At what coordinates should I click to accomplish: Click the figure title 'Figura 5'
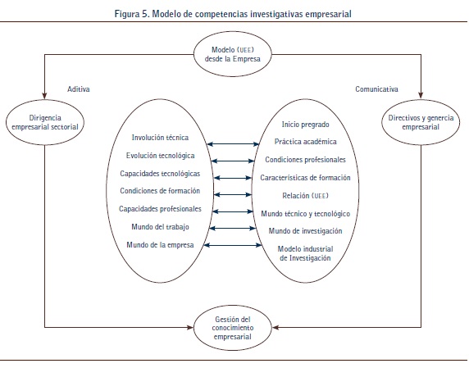click(132, 14)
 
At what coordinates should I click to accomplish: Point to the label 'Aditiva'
click(79, 89)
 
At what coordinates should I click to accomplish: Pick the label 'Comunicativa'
click(376, 89)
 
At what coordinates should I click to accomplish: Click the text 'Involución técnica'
click(160, 138)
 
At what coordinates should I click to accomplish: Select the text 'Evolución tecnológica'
click(161, 156)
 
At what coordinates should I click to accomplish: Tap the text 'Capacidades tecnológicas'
click(160, 174)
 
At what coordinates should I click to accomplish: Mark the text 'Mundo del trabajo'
click(160, 227)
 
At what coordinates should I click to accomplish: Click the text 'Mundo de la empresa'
click(160, 245)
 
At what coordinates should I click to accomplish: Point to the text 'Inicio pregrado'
click(305, 125)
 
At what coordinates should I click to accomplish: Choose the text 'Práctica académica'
click(305, 142)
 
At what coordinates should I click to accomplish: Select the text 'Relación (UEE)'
click(305, 196)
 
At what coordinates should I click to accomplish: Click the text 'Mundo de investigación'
click(305, 231)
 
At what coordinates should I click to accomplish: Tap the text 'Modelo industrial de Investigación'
click(305, 253)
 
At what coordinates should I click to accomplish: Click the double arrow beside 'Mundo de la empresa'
click(233, 245)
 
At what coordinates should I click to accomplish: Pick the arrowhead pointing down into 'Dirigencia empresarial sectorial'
click(44, 95)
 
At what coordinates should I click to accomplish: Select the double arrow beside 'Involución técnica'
click(233, 144)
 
